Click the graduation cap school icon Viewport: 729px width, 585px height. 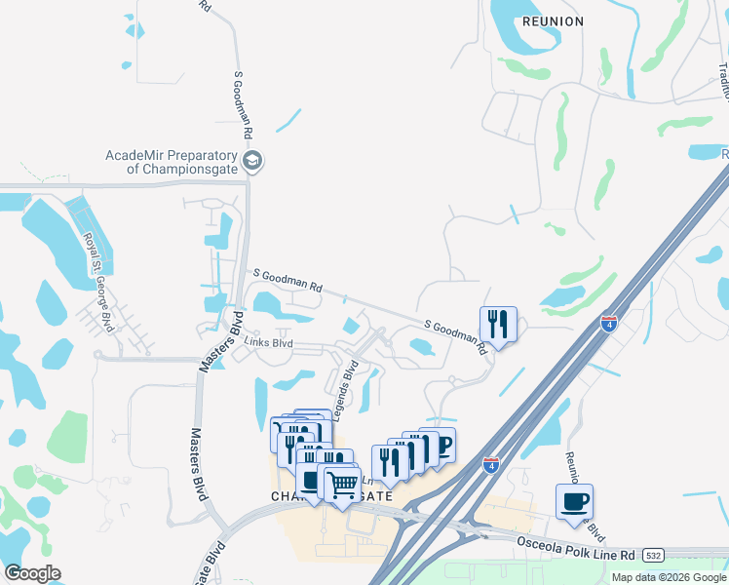[x=252, y=161]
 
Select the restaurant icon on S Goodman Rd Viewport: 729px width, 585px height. [x=498, y=324]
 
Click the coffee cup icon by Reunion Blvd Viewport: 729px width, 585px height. [x=574, y=501]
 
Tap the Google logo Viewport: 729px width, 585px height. [x=32, y=572]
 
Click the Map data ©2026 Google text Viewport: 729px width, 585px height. [x=668, y=577]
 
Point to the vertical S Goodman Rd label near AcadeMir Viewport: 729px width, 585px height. [x=242, y=104]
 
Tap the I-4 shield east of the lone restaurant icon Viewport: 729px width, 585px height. [x=609, y=323]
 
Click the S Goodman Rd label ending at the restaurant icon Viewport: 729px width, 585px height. [x=455, y=336]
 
